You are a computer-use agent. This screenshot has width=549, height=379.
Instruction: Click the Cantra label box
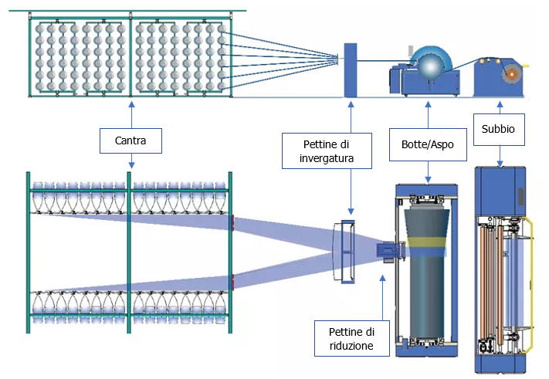(131, 140)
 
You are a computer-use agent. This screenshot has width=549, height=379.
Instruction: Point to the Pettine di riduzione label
(350, 338)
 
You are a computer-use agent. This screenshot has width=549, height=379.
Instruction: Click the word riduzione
(350, 346)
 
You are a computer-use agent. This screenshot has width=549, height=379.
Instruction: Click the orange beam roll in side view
(510, 73)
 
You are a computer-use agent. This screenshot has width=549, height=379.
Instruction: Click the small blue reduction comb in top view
(386, 251)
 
